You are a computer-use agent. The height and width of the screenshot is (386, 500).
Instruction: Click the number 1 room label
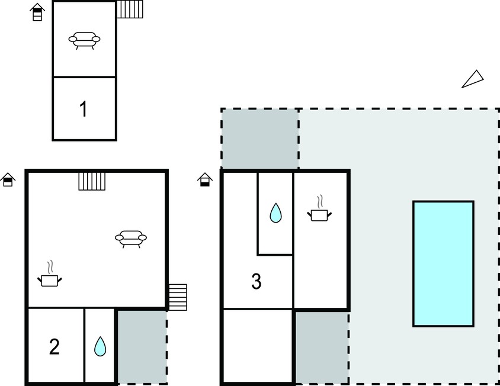click(83, 109)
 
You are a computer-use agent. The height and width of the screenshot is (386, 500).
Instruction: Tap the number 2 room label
click(55, 347)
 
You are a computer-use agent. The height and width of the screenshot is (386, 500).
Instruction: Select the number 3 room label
click(257, 281)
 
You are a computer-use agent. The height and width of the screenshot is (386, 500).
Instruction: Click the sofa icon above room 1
click(85, 40)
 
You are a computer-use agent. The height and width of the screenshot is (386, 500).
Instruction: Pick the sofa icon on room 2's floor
click(131, 239)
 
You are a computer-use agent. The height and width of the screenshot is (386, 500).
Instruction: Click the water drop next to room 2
click(100, 346)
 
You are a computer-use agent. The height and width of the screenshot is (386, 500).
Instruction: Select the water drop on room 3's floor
click(275, 213)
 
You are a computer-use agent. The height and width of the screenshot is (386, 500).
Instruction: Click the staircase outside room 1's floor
click(130, 9)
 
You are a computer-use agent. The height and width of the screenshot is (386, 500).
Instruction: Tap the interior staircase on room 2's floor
click(92, 181)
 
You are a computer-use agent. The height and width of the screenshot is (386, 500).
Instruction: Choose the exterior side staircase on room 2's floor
click(178, 297)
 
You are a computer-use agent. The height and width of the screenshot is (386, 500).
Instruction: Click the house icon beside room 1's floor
click(37, 12)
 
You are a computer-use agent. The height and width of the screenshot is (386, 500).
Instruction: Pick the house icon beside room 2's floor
click(8, 179)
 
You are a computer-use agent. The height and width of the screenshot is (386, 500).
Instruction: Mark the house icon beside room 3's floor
click(205, 179)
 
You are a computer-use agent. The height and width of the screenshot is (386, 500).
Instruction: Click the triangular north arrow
click(474, 79)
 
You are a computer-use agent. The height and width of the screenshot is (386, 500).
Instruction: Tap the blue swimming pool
click(443, 263)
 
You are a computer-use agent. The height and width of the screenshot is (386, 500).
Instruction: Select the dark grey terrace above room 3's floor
click(260, 139)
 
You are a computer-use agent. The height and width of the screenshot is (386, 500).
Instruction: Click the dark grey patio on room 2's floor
click(142, 347)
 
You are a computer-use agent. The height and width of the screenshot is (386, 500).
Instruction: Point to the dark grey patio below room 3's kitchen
click(322, 348)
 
